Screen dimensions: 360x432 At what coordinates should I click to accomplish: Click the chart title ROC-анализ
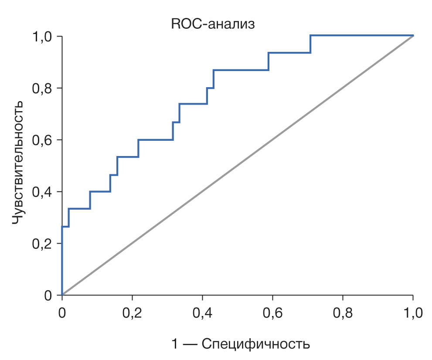[212, 24]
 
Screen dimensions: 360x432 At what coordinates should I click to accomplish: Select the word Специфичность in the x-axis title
[255, 344]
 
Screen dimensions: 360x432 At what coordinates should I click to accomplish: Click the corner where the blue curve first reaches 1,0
[310, 35]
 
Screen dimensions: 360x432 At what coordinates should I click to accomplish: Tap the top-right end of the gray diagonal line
[413, 35]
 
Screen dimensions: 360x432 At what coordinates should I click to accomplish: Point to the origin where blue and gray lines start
[62, 295]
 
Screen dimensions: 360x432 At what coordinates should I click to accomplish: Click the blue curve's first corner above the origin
[62, 227]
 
